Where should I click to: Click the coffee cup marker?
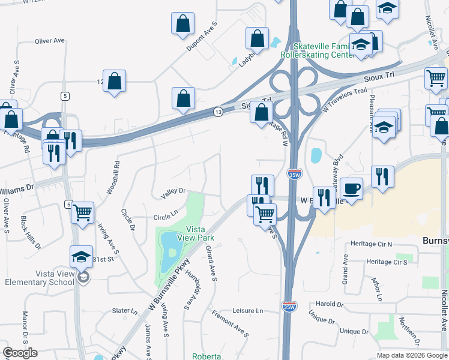tap(351, 188)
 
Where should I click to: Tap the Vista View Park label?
tap(200, 233)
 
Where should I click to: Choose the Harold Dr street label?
tap(328, 304)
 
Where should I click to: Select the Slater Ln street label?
tap(125, 311)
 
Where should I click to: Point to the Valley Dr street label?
tap(173, 191)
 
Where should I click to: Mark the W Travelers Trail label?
tap(344, 98)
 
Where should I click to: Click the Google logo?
tap(20, 353)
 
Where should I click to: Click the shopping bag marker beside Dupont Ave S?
tap(182, 25)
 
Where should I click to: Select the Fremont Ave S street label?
tap(230, 322)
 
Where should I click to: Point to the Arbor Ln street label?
tap(377, 289)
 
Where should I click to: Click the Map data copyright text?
tap(411, 355)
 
